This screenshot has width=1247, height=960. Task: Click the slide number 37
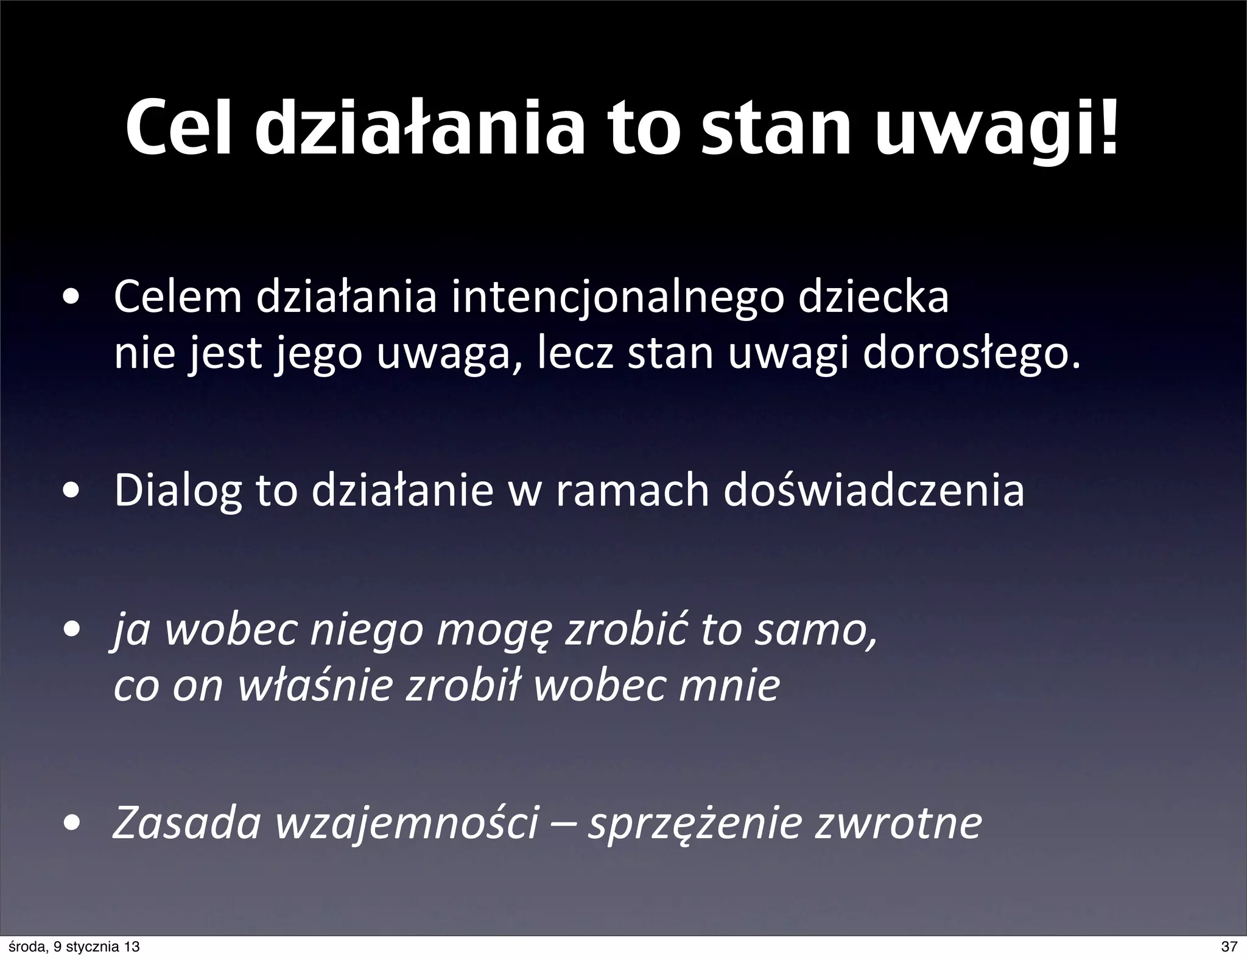[1229, 947]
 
